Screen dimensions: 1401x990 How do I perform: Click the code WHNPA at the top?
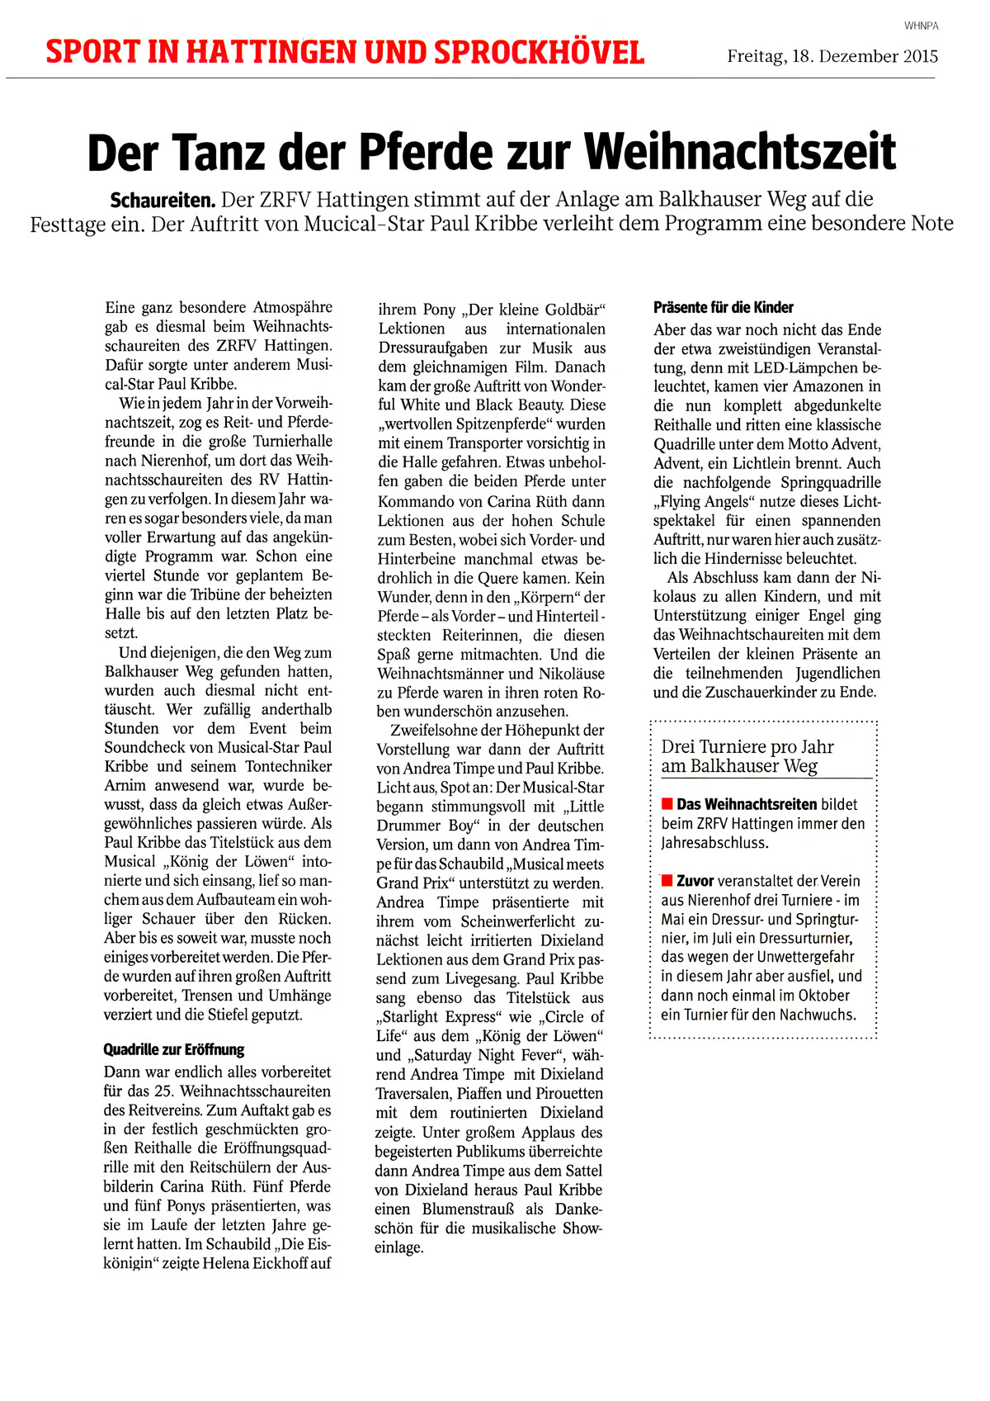point(921,26)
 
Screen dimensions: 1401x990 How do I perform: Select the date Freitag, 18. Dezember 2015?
point(832,56)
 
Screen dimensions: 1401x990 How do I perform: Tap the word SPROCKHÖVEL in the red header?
point(539,53)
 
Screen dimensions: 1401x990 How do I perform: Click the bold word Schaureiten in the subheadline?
point(163,200)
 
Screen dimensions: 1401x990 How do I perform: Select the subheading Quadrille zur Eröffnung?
point(174,1050)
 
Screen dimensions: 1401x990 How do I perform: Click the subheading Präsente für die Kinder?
point(712,308)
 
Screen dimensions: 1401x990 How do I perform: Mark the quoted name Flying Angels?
point(707,502)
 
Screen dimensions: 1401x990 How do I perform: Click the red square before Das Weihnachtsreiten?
point(667,804)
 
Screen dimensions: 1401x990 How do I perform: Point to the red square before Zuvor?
point(667,881)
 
